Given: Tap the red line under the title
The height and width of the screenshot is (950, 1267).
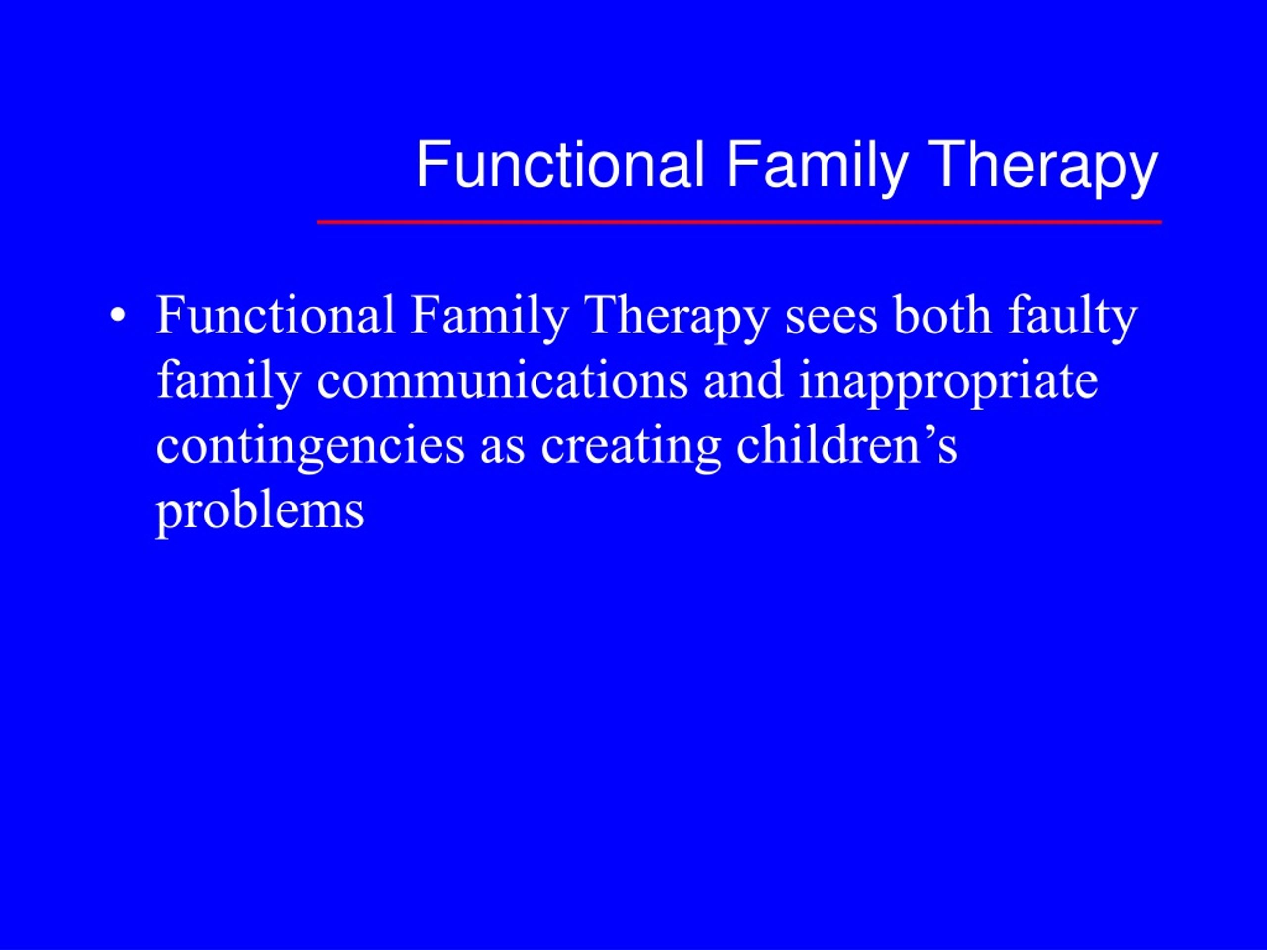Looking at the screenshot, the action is pos(739,222).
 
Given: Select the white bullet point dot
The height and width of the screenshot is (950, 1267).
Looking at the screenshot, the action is pos(118,316).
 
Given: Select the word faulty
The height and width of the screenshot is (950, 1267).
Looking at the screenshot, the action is pos(1073,318).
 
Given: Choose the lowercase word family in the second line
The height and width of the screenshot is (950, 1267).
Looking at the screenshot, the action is pos(229,383).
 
